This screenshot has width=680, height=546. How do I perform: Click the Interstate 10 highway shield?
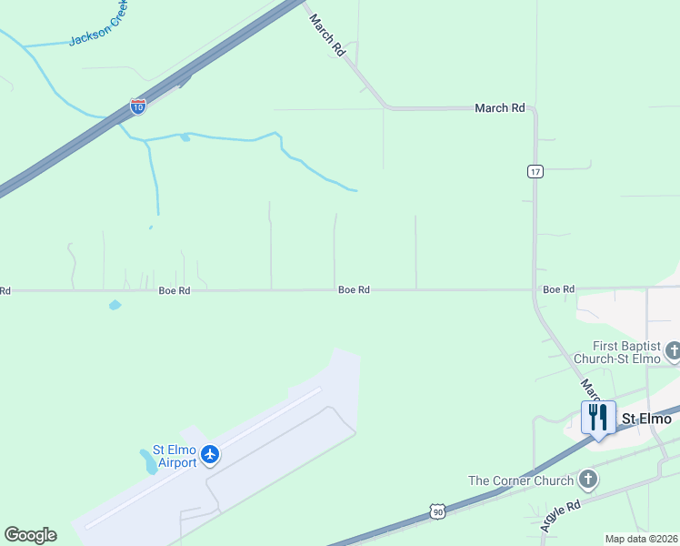(x=138, y=106)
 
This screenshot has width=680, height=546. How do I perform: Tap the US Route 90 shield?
(x=438, y=514)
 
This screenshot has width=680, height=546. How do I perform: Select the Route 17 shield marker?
(x=535, y=171)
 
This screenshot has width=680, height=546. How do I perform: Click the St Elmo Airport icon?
(x=211, y=453)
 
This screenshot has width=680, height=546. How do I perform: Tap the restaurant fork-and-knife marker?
(x=598, y=418)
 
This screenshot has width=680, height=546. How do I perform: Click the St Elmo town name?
(x=646, y=419)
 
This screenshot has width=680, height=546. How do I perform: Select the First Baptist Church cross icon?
(x=674, y=350)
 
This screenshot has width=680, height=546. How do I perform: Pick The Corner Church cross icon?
(x=588, y=479)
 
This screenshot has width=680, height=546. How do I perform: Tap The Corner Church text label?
(x=521, y=480)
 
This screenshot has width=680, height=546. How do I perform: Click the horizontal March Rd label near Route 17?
(x=500, y=107)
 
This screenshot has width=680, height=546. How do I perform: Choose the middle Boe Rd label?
(x=354, y=289)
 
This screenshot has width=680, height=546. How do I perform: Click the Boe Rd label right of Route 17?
(x=559, y=288)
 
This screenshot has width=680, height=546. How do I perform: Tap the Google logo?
(x=30, y=535)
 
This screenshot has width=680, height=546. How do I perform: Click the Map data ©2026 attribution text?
(x=641, y=539)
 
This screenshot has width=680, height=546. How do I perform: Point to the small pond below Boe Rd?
(x=115, y=305)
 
